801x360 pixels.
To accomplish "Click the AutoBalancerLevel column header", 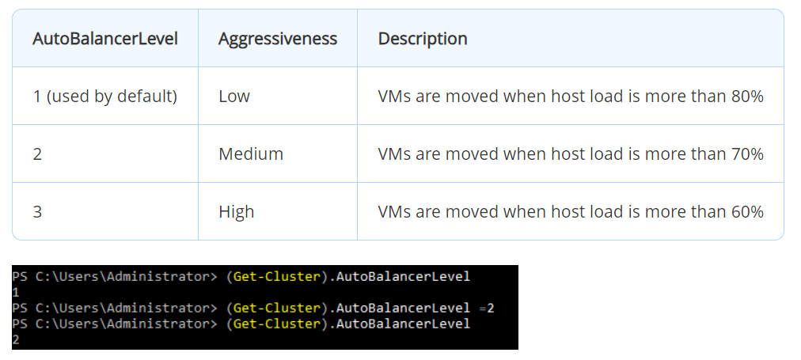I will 105,39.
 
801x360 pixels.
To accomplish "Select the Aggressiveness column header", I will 278,39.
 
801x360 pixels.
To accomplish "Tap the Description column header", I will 423,39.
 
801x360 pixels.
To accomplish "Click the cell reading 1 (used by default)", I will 105,97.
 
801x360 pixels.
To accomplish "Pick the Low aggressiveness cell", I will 234,97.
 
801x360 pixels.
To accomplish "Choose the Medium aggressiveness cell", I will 251,154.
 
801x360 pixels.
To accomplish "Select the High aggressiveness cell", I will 237,212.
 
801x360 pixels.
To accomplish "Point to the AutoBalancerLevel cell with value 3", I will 37,212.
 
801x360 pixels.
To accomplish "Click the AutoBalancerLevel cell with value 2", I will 37,154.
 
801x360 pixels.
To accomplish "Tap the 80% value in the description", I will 746,97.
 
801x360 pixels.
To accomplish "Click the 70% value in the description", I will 746,154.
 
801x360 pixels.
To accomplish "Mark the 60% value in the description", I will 746,212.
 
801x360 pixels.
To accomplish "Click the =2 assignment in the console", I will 486,308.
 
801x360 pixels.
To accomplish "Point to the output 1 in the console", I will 16,292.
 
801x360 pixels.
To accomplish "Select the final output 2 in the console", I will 16,339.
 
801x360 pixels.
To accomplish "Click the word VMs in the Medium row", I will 395,154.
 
